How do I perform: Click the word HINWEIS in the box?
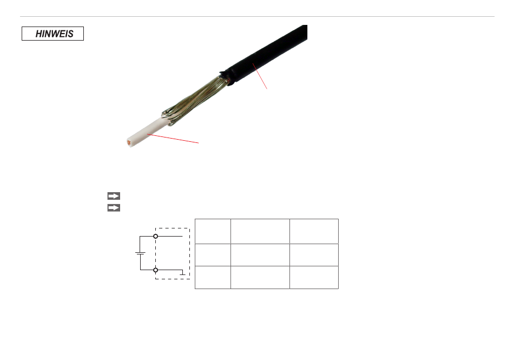(x=55, y=34)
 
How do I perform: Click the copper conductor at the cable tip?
(x=129, y=142)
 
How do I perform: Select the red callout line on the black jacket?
(x=260, y=76)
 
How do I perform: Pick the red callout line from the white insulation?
(x=173, y=139)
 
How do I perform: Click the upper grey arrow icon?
(x=114, y=196)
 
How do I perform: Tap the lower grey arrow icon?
(x=114, y=208)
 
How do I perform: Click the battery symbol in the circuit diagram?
(x=140, y=253)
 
